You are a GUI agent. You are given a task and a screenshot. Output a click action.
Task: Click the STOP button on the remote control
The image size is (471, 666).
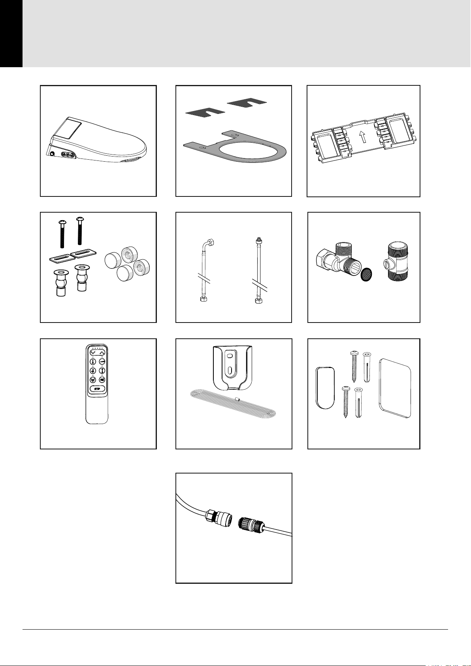(97, 389)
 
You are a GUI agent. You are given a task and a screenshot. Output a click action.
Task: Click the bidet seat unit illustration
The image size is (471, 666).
(96, 140)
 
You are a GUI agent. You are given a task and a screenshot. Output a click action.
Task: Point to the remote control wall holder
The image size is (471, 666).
(233, 368)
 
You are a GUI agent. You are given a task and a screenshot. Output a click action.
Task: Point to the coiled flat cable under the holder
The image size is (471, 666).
(233, 405)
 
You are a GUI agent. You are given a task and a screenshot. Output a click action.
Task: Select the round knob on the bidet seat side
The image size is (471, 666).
(53, 154)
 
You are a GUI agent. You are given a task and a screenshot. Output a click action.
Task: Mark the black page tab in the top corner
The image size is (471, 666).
(11, 34)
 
